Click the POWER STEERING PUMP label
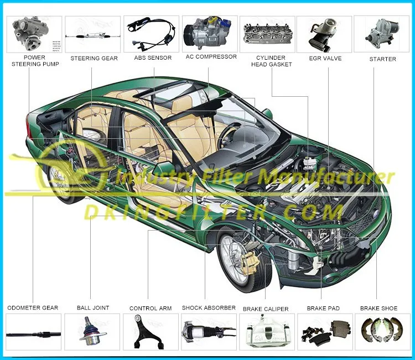tap(34, 60)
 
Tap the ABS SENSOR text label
tap(153, 58)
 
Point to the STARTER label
tap(382, 59)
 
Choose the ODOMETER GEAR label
tap(33, 308)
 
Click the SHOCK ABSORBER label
tap(209, 308)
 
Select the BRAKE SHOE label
tap(378, 308)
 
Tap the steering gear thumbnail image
tap(92, 34)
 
